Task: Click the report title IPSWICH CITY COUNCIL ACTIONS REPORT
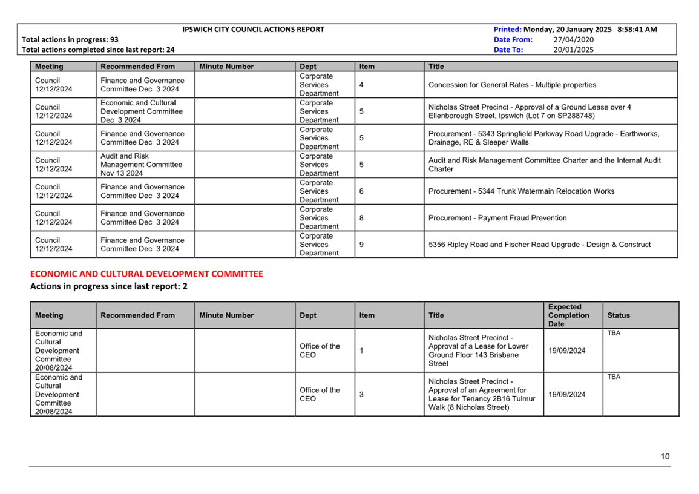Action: tap(253, 29)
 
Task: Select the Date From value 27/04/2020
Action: tap(574, 39)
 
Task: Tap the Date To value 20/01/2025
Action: tap(574, 50)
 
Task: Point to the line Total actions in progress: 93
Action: tap(70, 39)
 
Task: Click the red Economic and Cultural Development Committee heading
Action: tap(146, 274)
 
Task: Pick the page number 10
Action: tap(665, 456)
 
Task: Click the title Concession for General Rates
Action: tap(512, 85)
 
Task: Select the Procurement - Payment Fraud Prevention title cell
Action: tap(497, 218)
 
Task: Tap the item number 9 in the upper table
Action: tap(361, 245)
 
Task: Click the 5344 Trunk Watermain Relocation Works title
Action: tap(521, 191)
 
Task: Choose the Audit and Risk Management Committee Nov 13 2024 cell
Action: tap(141, 165)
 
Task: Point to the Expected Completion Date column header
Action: tap(568, 315)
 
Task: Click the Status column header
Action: tap(619, 315)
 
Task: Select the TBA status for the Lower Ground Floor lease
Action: tap(613, 333)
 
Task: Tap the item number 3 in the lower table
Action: tap(361, 395)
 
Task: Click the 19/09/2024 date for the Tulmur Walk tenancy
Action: tap(566, 395)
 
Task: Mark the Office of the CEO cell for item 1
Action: tap(320, 351)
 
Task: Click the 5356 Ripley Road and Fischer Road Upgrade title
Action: tap(539, 245)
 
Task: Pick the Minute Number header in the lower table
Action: tap(226, 315)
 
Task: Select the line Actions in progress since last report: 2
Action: tap(109, 286)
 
